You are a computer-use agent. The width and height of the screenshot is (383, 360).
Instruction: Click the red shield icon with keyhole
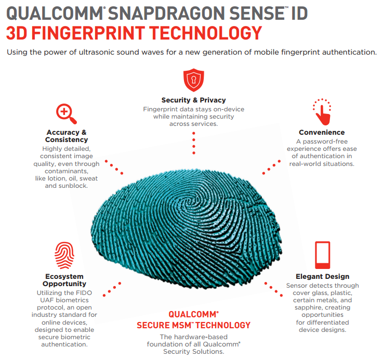coord(194,80)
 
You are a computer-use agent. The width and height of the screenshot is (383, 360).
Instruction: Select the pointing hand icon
coord(322,112)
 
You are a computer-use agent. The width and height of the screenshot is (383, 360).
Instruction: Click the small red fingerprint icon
coord(64,255)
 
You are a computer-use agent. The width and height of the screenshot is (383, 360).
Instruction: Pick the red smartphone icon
coord(322,255)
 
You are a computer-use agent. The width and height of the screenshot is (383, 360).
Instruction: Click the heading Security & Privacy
coord(194,100)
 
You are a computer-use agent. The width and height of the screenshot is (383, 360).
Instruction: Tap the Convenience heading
coord(322,132)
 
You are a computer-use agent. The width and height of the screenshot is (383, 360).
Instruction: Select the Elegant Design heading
coord(322,276)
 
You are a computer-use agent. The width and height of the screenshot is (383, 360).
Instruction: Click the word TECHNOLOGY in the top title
coord(206,33)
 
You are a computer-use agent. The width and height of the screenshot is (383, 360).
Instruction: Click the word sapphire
coord(305,307)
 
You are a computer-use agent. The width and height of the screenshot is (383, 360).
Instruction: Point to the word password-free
coord(325,142)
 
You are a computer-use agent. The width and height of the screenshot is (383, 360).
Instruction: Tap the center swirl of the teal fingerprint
coord(189,202)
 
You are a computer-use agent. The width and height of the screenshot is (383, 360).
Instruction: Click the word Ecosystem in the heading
coord(64,276)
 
